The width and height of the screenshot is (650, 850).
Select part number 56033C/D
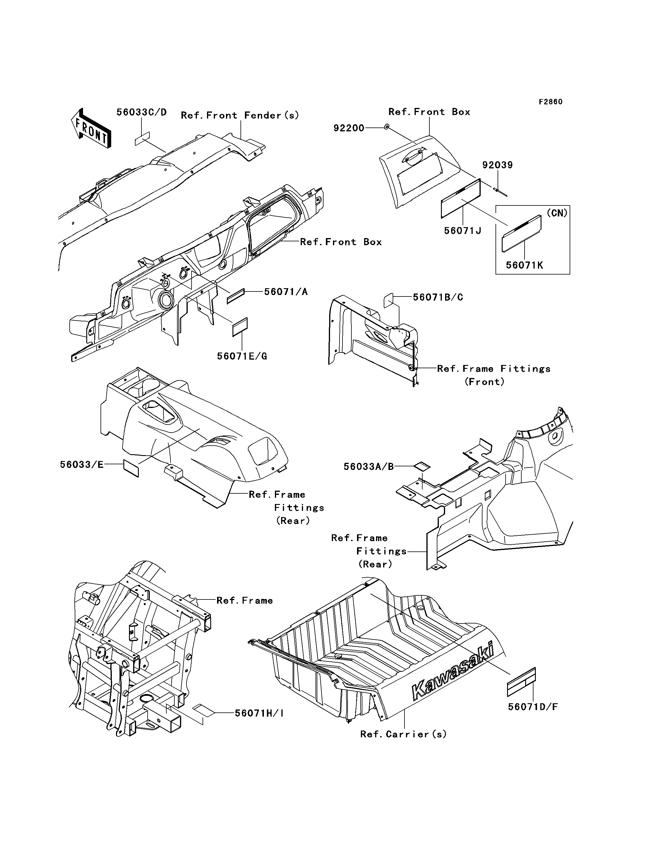click(x=142, y=112)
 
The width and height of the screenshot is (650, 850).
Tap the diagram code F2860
click(x=551, y=102)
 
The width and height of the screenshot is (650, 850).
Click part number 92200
click(x=349, y=128)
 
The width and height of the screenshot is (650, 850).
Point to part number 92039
click(x=497, y=165)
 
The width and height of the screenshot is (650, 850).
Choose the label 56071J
click(x=462, y=231)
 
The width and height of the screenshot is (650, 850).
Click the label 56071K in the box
click(x=524, y=265)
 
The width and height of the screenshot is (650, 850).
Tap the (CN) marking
click(x=557, y=213)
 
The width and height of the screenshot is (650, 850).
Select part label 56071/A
click(x=286, y=292)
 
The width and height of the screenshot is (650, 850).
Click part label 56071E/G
click(x=242, y=356)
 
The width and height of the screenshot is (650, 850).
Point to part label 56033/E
click(x=82, y=465)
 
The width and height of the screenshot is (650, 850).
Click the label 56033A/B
click(x=368, y=467)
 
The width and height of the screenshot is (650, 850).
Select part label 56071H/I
click(x=259, y=713)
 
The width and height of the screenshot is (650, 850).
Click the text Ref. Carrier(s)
click(x=403, y=734)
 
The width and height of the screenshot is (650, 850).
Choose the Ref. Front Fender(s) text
click(x=240, y=115)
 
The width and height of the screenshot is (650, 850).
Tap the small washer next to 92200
click(x=386, y=127)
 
